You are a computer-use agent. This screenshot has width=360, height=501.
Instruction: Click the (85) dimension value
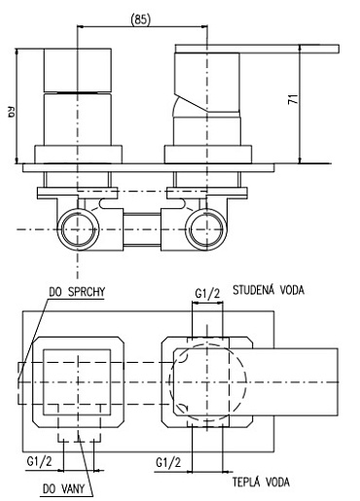[x=141, y=20]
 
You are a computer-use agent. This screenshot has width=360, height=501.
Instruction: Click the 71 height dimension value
[x=293, y=99]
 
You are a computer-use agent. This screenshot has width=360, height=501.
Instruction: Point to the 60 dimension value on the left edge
[x=11, y=113]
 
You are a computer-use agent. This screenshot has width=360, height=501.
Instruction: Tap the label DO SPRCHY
[x=77, y=292]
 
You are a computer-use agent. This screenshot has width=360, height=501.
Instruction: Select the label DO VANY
[x=63, y=488]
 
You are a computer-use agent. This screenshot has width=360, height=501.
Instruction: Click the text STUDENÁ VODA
[x=269, y=290]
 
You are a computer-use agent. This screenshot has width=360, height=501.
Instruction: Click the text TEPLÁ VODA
[x=261, y=483]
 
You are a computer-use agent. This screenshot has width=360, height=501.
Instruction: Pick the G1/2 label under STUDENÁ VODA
[x=207, y=294]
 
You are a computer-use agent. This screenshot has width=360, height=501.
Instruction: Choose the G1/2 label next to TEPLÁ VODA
[x=168, y=462]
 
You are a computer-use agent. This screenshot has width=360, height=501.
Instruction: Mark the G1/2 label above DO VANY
[x=39, y=461]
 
